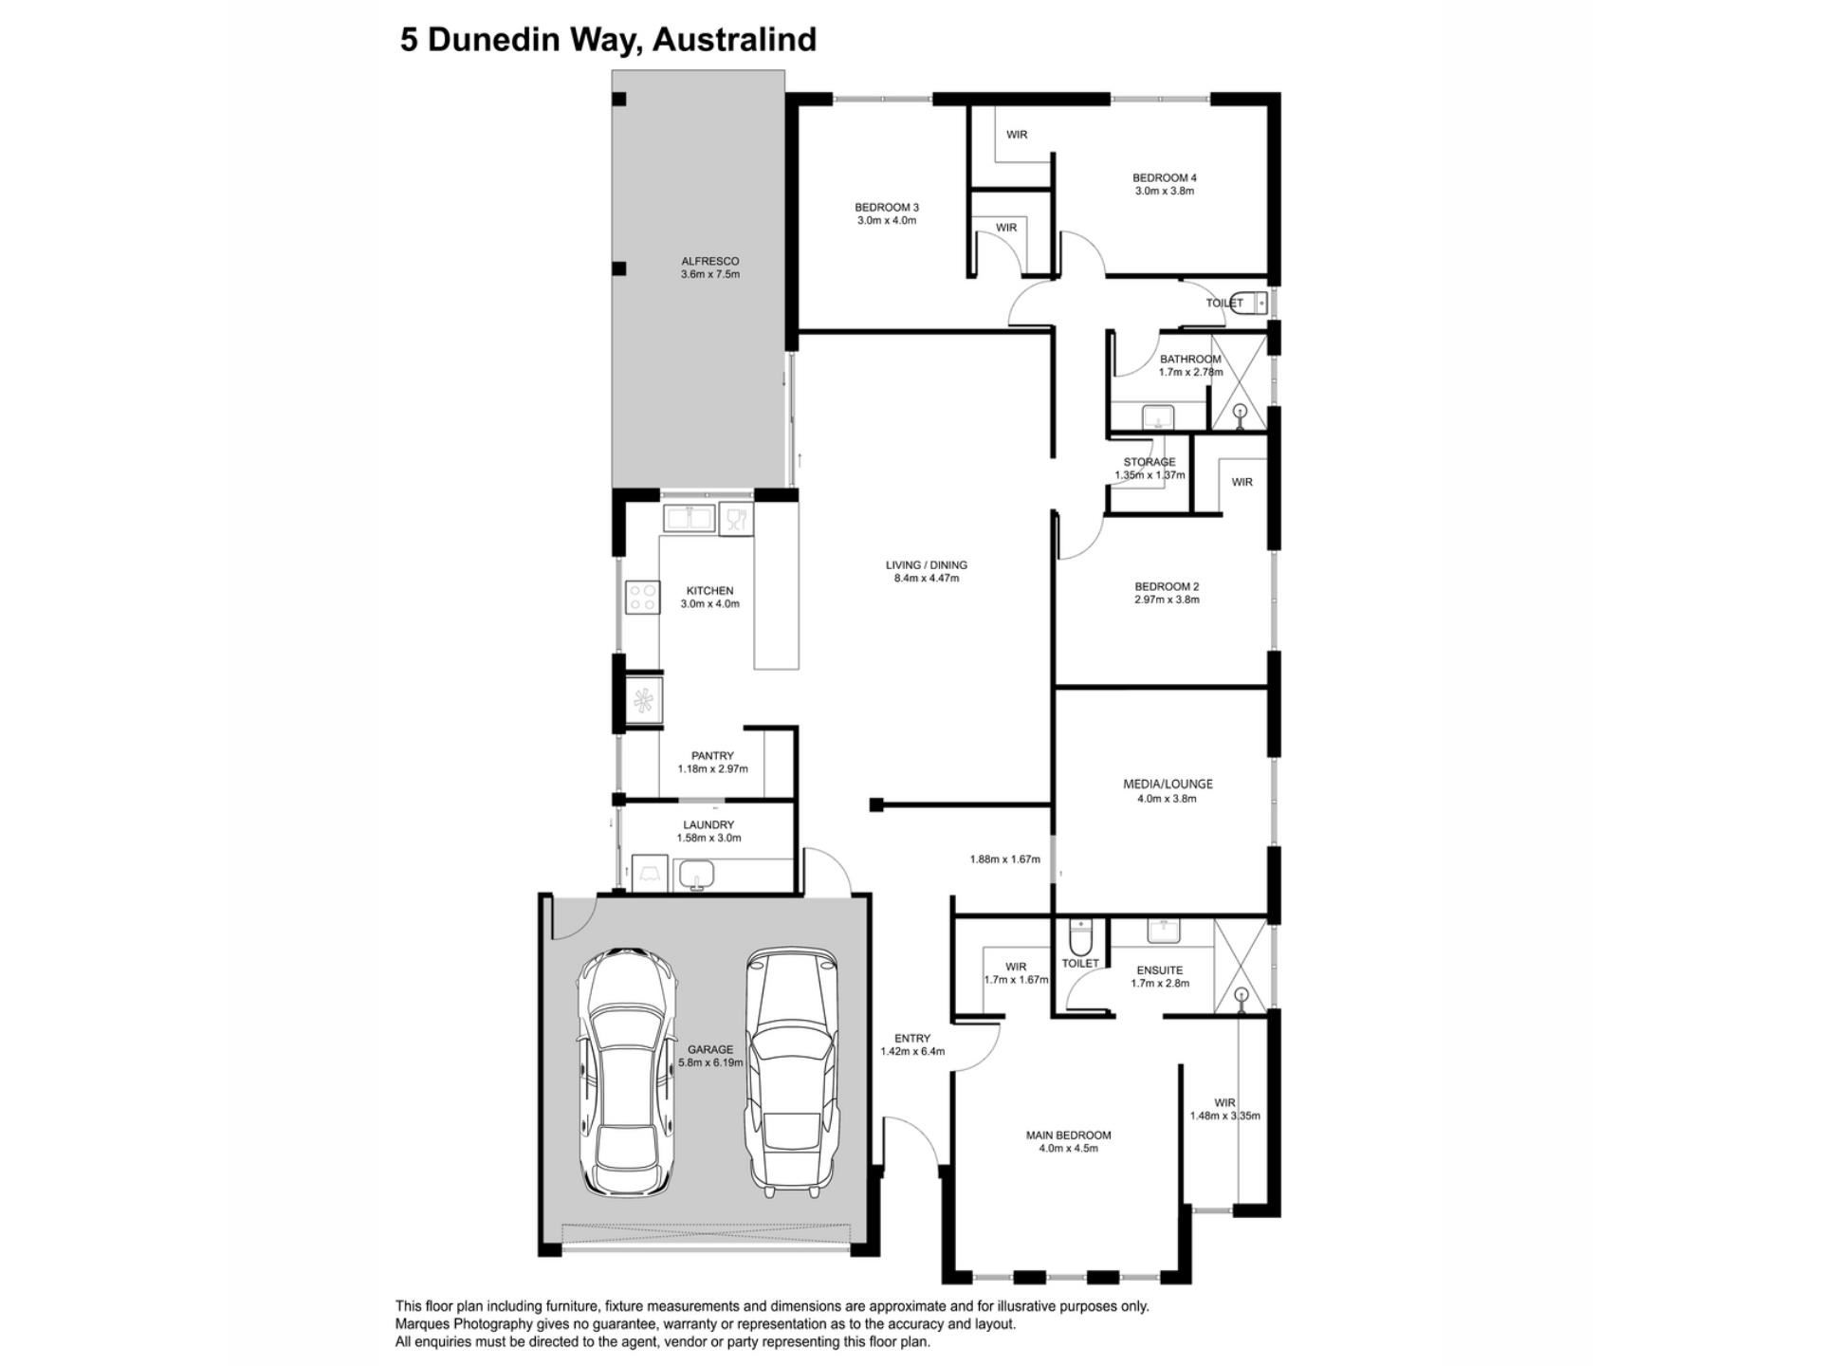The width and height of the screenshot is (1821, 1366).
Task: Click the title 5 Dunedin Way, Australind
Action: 608,40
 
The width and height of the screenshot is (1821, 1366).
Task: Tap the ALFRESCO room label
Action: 710,261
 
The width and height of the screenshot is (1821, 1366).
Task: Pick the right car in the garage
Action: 790,1069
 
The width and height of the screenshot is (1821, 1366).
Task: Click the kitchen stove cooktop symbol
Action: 642,598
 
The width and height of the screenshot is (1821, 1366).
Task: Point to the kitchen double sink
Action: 690,519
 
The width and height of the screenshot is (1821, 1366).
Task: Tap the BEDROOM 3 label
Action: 887,208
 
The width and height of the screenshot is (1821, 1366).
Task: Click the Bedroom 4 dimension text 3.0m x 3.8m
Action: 1165,191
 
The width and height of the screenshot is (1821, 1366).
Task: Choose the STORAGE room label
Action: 1150,462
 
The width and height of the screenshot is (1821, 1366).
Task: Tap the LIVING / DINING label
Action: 927,565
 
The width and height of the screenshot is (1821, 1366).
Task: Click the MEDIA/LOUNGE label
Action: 1168,785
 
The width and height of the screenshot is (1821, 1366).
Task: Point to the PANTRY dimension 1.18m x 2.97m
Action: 712,769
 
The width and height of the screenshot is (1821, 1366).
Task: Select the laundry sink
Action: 697,876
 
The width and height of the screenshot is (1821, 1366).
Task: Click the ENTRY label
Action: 912,1039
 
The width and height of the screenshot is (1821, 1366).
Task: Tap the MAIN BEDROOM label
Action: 1068,1135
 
